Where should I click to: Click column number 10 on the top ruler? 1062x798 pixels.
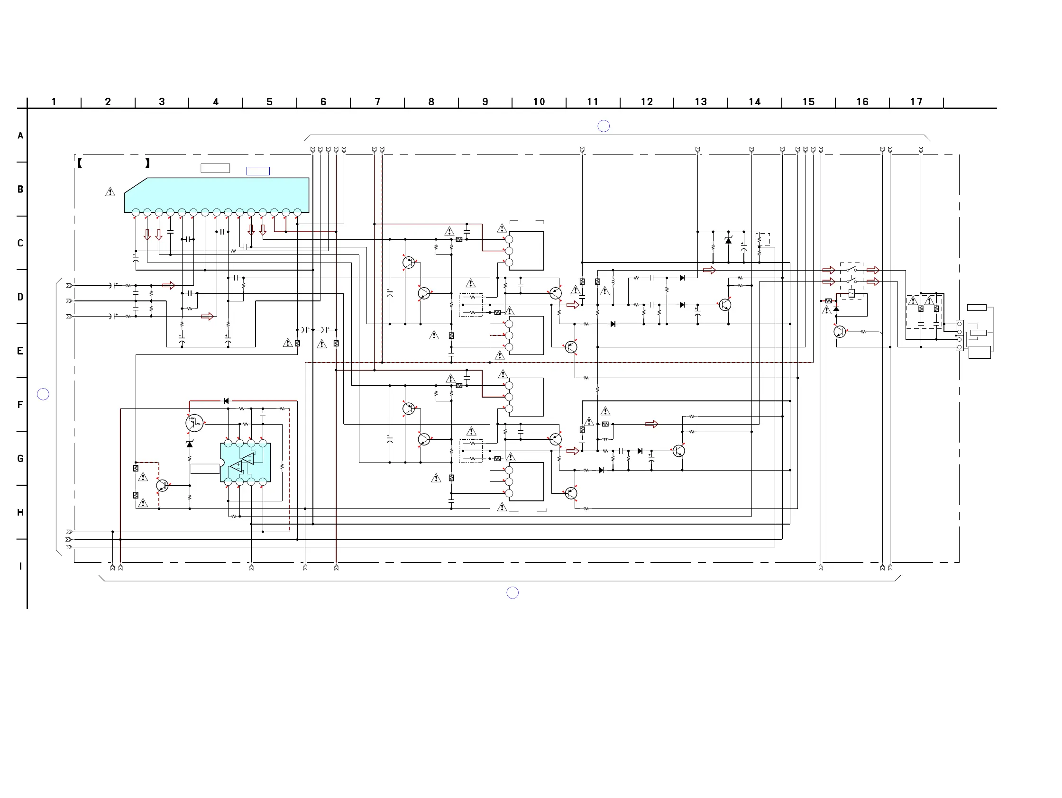tap(539, 102)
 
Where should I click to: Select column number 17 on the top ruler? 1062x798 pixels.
tap(916, 102)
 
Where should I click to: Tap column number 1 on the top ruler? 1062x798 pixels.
tap(54, 102)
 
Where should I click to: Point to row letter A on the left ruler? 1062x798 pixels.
tap(20, 136)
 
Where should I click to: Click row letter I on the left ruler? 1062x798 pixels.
tap(20, 566)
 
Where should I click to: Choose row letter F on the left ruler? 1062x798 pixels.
tap(20, 405)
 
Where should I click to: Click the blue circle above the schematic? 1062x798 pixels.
tap(604, 126)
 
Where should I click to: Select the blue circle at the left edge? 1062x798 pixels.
tap(43, 394)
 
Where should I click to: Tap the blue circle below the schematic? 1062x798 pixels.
tap(513, 593)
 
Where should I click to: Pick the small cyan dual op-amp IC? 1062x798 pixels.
tap(245, 462)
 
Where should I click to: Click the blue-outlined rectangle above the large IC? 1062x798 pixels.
tap(258, 172)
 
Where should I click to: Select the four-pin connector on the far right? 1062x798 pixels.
tap(959, 336)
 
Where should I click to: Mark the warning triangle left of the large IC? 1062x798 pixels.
tap(110, 192)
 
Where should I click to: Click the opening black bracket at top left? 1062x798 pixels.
tap(80, 163)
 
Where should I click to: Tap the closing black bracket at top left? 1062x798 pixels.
tap(147, 163)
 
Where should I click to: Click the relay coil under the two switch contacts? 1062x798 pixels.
tap(851, 293)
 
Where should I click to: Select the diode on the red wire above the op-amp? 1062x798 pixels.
tap(227, 401)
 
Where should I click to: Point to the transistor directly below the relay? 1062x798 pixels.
tap(840, 332)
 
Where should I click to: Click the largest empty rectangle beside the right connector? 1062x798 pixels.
tap(980, 352)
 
